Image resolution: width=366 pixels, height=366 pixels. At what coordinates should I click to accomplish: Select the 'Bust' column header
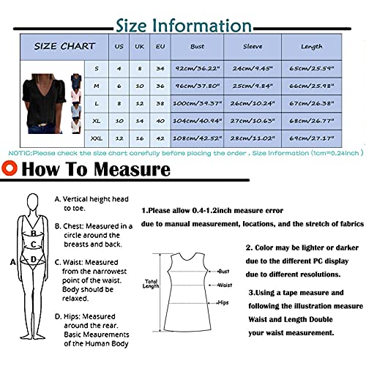(x=197, y=46)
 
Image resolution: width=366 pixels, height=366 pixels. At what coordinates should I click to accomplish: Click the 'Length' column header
(x=311, y=46)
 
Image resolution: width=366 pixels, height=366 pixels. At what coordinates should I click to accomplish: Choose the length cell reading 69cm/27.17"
(x=311, y=138)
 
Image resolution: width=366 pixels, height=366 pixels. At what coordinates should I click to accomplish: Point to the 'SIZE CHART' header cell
(x=64, y=46)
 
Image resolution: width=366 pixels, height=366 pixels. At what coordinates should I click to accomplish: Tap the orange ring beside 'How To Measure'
(x=11, y=171)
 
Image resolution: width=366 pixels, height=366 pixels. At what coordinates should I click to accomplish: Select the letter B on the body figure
(x=32, y=234)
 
